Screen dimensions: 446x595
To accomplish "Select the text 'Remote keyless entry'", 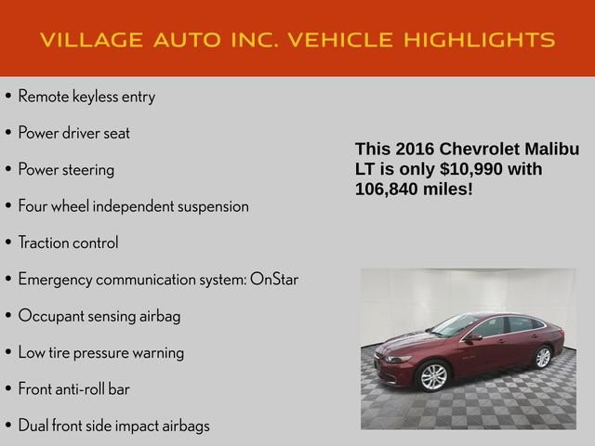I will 86,97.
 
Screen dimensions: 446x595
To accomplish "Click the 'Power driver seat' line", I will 74,133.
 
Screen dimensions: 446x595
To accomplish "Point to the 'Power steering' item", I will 66,170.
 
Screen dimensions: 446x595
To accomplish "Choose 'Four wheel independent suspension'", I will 133,206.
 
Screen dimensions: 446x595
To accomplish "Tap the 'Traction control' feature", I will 68,243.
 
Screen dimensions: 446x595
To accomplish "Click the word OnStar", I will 274,279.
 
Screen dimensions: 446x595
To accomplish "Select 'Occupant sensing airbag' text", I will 99,316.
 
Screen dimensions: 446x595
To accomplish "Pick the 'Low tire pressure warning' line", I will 101,352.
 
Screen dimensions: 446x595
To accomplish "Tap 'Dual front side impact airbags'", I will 113,426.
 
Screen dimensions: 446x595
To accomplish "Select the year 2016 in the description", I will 415,150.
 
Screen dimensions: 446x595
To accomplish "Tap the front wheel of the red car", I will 434,376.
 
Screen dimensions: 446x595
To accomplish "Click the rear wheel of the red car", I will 543,357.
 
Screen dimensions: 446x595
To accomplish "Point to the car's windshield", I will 456,326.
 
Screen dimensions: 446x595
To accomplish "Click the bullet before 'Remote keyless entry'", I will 8,97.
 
